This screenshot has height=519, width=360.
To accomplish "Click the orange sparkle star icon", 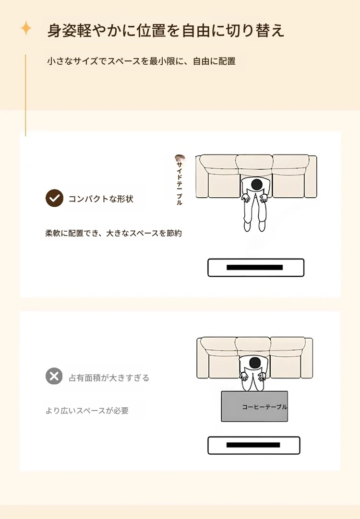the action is click(26, 28).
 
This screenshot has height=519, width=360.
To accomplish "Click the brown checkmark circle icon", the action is click(54, 198).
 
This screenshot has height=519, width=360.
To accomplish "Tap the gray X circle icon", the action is click(54, 377).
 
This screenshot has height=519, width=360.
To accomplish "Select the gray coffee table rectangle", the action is click(254, 406).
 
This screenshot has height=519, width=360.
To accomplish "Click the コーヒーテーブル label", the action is click(264, 407).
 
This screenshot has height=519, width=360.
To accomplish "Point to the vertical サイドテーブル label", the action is click(179, 184).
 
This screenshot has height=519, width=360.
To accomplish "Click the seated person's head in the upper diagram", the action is click(256, 185).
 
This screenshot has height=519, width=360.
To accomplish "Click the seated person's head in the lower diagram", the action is click(254, 363).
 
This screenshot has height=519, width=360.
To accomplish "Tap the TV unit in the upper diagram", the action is click(256, 268).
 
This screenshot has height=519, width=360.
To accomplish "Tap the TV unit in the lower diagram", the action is click(254, 445).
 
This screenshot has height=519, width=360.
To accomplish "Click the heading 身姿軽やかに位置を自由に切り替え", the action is click(166, 30).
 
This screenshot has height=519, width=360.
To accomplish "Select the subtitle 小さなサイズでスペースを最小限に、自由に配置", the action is click(142, 61).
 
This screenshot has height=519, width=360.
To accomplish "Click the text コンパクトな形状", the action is click(101, 199).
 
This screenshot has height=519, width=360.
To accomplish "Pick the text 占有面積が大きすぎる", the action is click(109, 377).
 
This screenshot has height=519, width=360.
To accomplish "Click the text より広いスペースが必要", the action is click(87, 411).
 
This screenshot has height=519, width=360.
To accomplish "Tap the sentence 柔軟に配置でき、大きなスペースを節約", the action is click(114, 233).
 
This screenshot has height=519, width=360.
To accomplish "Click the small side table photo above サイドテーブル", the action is click(180, 158).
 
